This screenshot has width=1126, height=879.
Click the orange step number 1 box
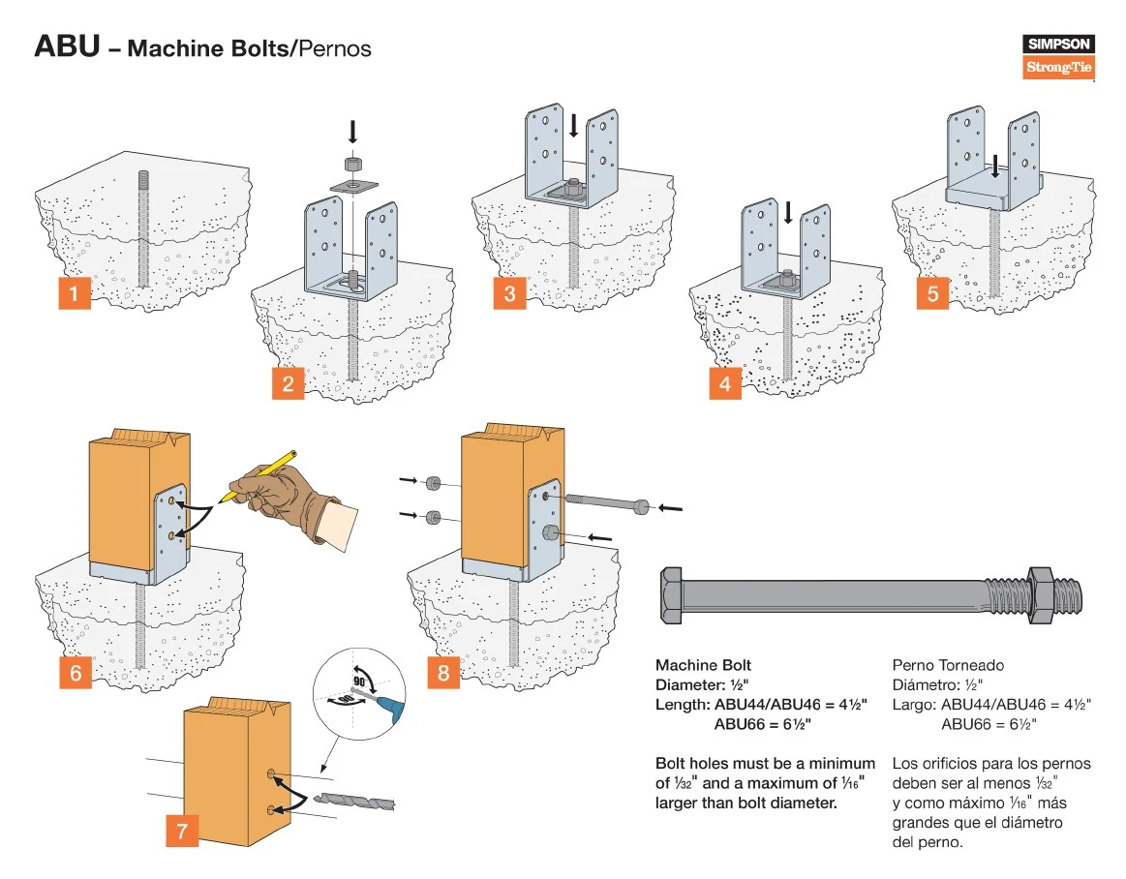(x=75, y=292)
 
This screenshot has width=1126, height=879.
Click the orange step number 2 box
(x=288, y=383)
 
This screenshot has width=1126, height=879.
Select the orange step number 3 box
(x=509, y=292)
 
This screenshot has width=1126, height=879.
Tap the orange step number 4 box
(x=725, y=383)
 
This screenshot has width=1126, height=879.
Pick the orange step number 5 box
(x=933, y=292)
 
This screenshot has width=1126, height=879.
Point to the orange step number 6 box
(x=76, y=673)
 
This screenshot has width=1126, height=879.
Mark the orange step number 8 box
(x=443, y=673)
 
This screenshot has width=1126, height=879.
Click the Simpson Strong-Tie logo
(x=1058, y=56)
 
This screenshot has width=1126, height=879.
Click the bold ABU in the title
(x=67, y=46)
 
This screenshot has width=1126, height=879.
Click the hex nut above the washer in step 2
(x=352, y=163)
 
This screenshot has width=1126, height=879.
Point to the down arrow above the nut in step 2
(x=352, y=131)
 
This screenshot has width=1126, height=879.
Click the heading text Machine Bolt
(x=703, y=665)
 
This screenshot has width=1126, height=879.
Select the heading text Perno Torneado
(x=948, y=665)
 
